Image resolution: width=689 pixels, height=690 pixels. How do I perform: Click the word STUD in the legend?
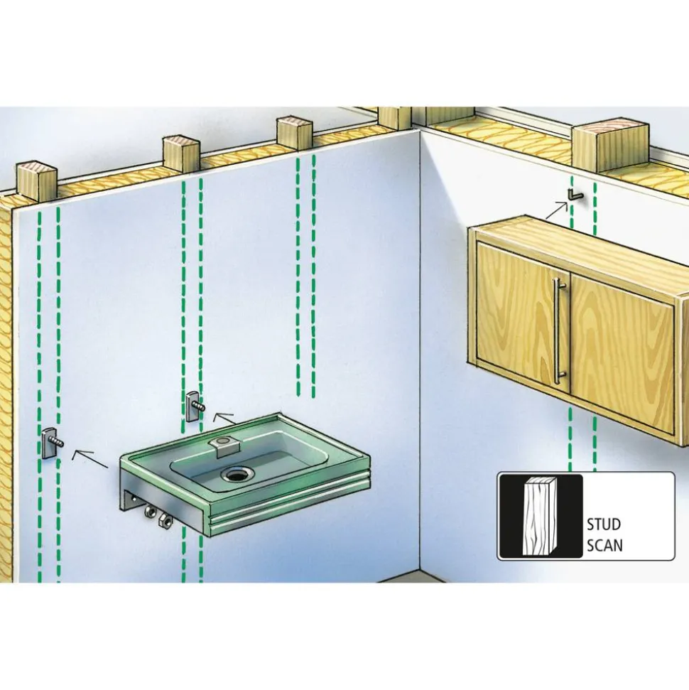pyautogui.click(x=604, y=524)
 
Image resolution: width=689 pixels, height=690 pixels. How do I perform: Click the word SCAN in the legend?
pyautogui.click(x=604, y=546)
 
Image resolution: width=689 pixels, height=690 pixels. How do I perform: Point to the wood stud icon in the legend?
pyautogui.click(x=539, y=515)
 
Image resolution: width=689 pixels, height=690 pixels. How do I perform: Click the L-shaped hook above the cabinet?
pyautogui.click(x=574, y=195)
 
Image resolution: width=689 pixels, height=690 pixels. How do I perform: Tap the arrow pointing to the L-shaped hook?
pyautogui.click(x=556, y=210)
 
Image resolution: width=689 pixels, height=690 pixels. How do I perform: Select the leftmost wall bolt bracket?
pyautogui.click(x=53, y=442)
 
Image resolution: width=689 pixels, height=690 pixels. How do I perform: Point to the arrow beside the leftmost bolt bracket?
pyautogui.click(x=89, y=458)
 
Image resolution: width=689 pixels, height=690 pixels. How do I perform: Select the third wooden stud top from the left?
pyautogui.click(x=295, y=133)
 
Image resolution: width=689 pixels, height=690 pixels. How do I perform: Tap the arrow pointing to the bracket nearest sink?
pyautogui.click(x=225, y=419)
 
